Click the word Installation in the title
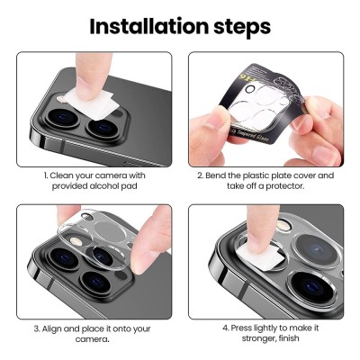149,26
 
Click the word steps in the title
242,28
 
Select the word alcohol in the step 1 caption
104,186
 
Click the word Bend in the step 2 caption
215,175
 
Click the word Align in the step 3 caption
52,329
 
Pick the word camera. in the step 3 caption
92,339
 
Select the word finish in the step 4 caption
287,338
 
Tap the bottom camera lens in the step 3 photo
96,282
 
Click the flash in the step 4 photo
283,226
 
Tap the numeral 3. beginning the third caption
37,329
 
